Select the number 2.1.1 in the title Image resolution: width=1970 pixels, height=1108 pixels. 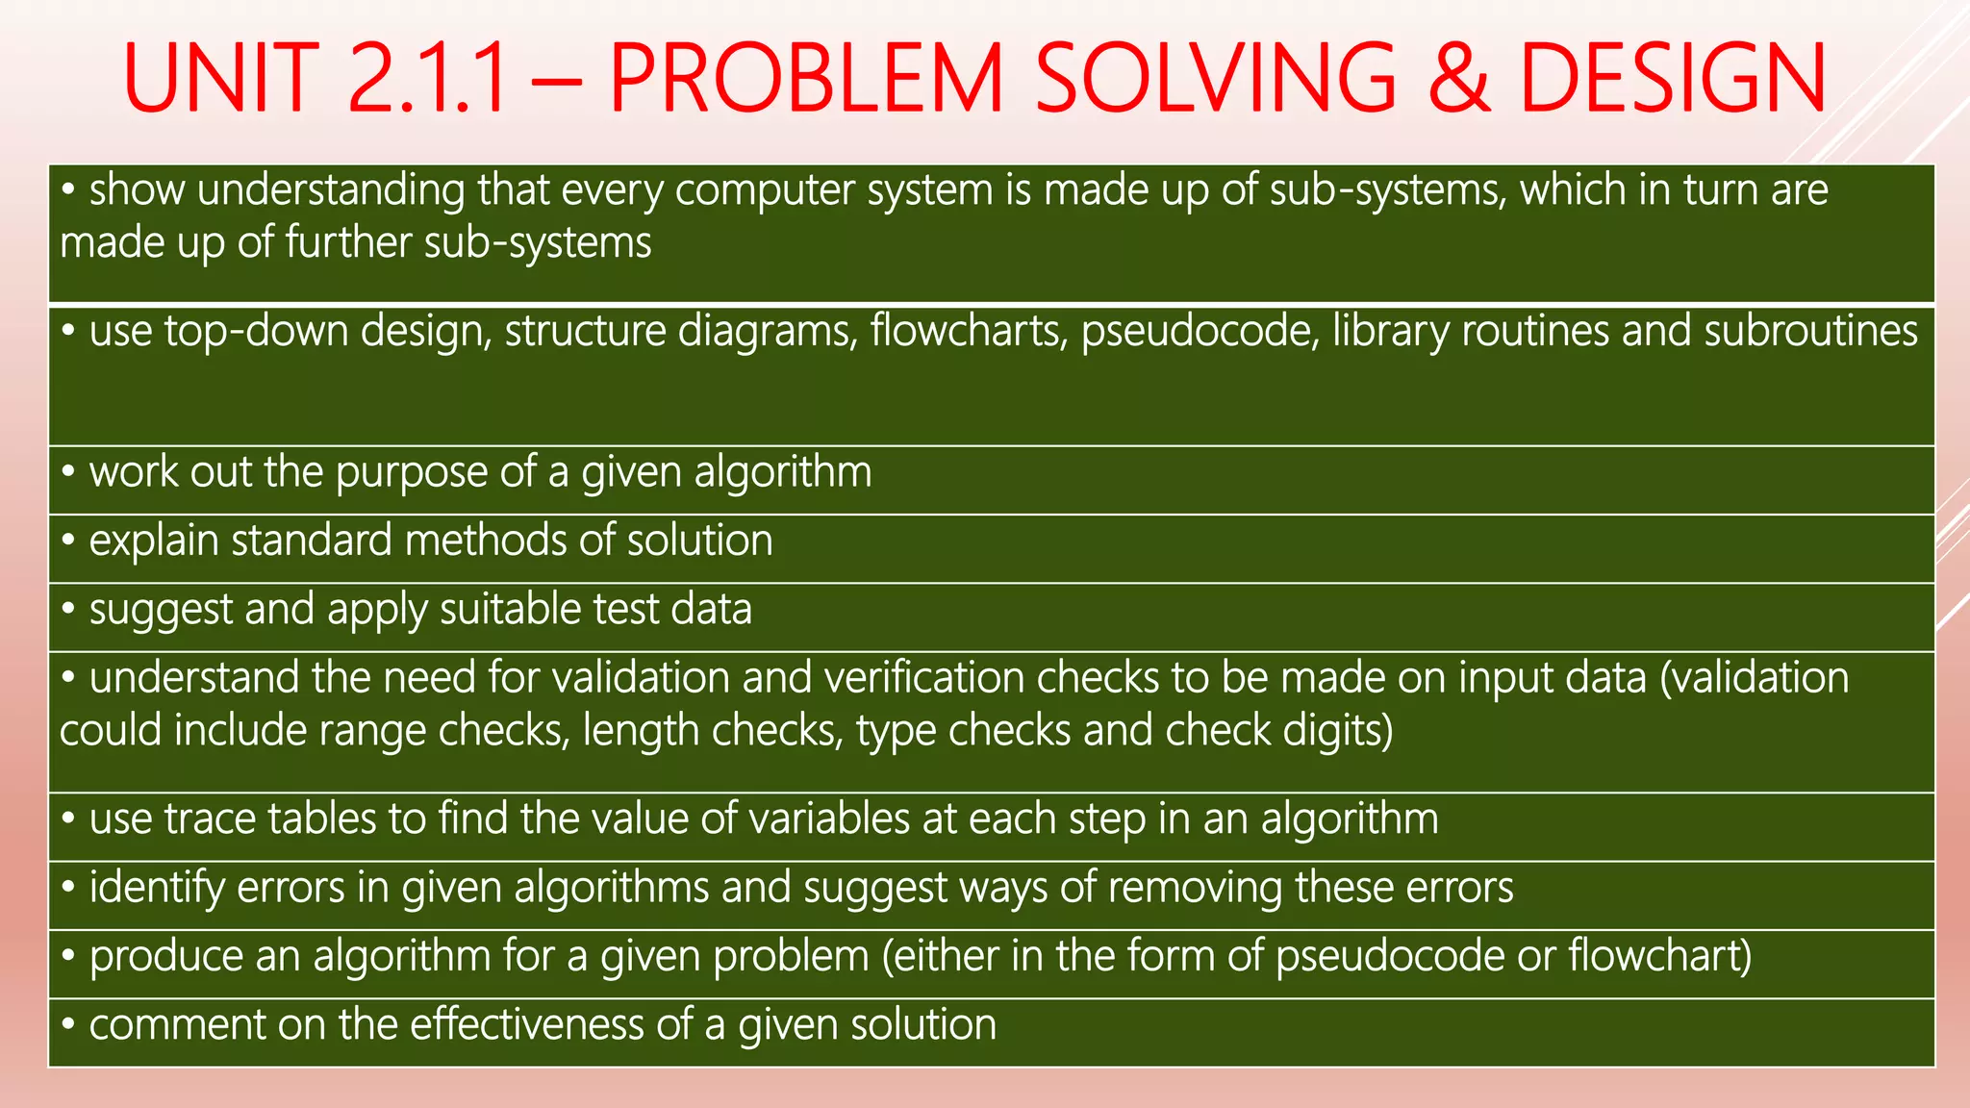pos(427,79)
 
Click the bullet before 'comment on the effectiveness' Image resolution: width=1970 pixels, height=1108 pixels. pos(68,1025)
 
